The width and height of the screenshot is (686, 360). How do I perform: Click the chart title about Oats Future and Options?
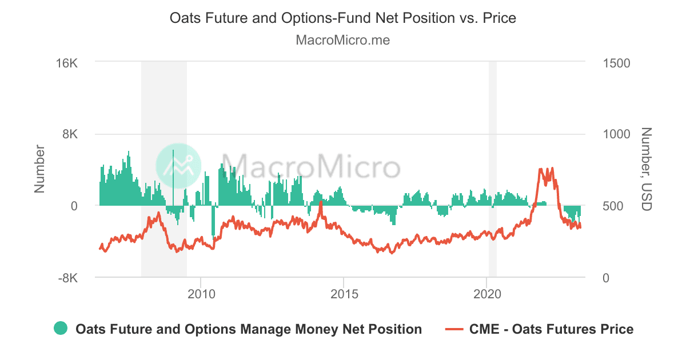click(x=343, y=18)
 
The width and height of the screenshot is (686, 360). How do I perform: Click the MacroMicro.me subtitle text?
click(x=343, y=41)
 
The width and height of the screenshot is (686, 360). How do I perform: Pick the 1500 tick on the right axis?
click(x=616, y=63)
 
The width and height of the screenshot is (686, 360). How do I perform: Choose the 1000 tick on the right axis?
click(x=616, y=134)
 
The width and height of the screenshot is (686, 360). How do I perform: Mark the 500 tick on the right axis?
click(x=613, y=206)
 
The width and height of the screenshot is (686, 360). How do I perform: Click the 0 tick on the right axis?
click(x=607, y=278)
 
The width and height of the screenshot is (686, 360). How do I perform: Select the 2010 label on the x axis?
click(x=201, y=295)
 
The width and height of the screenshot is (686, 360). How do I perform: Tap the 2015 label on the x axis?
click(x=344, y=295)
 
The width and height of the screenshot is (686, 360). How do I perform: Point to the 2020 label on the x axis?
click(x=486, y=295)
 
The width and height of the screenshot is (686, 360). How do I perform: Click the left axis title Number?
click(x=39, y=169)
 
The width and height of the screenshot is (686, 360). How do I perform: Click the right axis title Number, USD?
click(x=646, y=169)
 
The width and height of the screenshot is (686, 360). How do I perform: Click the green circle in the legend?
click(x=61, y=329)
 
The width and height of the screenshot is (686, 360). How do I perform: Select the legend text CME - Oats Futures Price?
click(x=551, y=329)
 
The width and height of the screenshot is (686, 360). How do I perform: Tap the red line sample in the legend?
click(x=454, y=329)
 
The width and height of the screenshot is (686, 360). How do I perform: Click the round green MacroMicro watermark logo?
click(x=178, y=166)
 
